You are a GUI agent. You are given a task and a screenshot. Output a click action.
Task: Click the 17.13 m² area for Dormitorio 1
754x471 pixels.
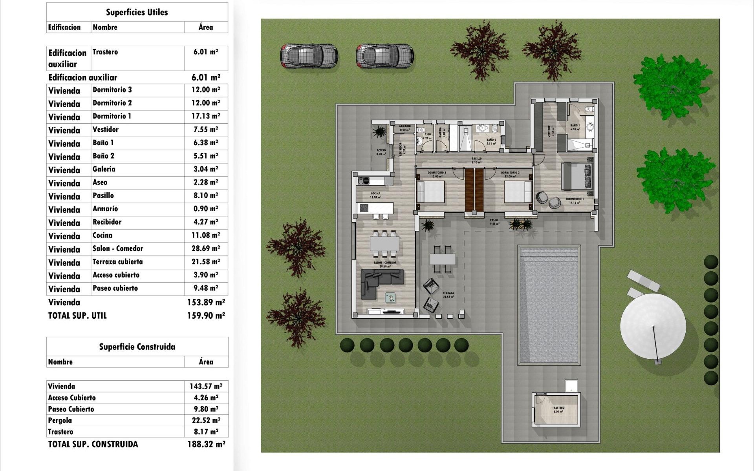tap(205, 116)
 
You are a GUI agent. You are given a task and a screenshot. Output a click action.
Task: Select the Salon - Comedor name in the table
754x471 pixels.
tap(118, 248)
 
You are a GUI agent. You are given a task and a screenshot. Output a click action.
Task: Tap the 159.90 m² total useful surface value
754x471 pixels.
tap(206, 316)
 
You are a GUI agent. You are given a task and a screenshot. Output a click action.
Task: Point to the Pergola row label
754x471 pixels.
tap(60, 420)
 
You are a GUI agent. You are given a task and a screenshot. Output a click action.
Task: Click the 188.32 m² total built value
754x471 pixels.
tap(206, 444)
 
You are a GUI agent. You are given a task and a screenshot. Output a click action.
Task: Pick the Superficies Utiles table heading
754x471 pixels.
tap(137, 12)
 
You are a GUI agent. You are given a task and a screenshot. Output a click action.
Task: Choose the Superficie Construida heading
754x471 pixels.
tap(137, 347)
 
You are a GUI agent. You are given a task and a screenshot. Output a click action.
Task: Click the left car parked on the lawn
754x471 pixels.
tap(309, 56)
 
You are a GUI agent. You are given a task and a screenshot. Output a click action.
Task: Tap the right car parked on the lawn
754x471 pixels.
tap(385, 56)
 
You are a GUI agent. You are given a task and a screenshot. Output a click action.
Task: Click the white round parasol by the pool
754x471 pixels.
tap(653, 326)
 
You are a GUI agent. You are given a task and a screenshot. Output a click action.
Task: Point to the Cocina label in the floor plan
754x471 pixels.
tap(375, 194)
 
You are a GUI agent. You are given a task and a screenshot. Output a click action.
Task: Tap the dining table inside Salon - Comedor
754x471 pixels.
tap(384, 244)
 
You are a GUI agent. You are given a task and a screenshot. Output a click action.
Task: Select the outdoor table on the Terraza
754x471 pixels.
tap(443, 259)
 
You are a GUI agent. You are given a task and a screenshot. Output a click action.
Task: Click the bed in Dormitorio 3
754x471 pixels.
tap(431, 192)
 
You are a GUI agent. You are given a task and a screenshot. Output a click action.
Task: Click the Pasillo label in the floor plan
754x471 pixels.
tap(476, 159)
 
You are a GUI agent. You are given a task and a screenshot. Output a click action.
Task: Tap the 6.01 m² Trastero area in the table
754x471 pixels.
tap(205, 52)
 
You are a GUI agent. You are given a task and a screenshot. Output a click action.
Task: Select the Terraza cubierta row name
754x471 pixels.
tap(117, 262)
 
